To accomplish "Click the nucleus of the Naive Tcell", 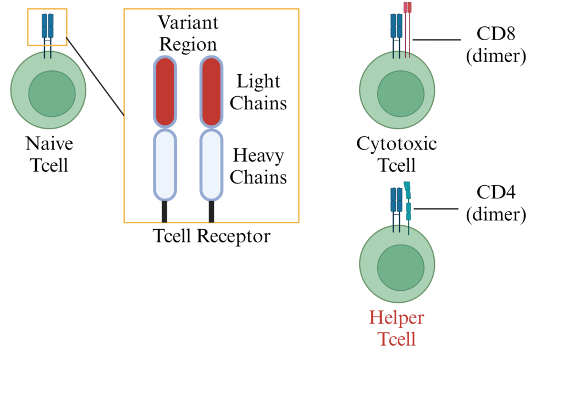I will coord(52,93).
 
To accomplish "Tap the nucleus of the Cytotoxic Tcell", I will coord(400,93).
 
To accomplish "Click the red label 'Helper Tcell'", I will coord(396,329).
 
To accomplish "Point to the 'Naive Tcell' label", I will coord(49,154).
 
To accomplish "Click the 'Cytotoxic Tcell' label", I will coord(396,154).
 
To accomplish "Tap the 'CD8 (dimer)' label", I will coord(496,45).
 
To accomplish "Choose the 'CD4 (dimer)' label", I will coord(496,203).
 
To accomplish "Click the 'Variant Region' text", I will coord(188,33).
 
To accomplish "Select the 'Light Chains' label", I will coord(258,92).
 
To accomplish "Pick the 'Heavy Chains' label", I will coord(258,166).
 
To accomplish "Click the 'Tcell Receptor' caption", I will coord(212,236).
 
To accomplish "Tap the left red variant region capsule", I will coord(164,92).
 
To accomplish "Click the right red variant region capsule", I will coord(211,92).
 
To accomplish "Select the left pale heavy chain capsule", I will coord(164,164).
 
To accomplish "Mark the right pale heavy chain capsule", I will coord(211,164).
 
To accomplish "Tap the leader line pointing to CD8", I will coord(437,40).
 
